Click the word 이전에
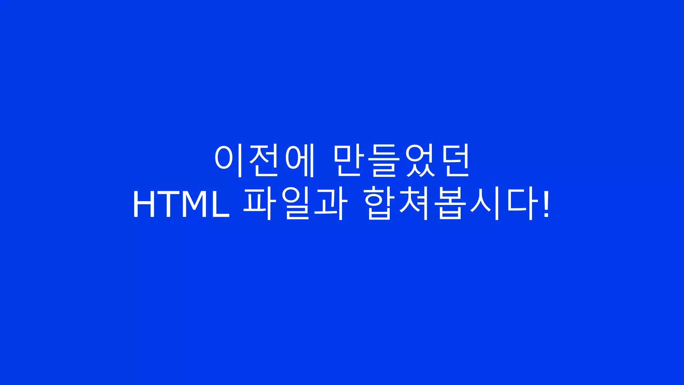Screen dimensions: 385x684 [x=265, y=161]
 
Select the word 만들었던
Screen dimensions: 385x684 [x=402, y=161]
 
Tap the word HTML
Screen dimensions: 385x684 [x=181, y=205]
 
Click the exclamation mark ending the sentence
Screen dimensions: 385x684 [x=546, y=205]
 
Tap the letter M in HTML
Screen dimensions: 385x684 [x=194, y=205]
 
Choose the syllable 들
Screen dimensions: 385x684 [x=384, y=161]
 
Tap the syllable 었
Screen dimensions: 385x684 [x=420, y=161]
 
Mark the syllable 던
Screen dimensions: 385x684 [x=455, y=161]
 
